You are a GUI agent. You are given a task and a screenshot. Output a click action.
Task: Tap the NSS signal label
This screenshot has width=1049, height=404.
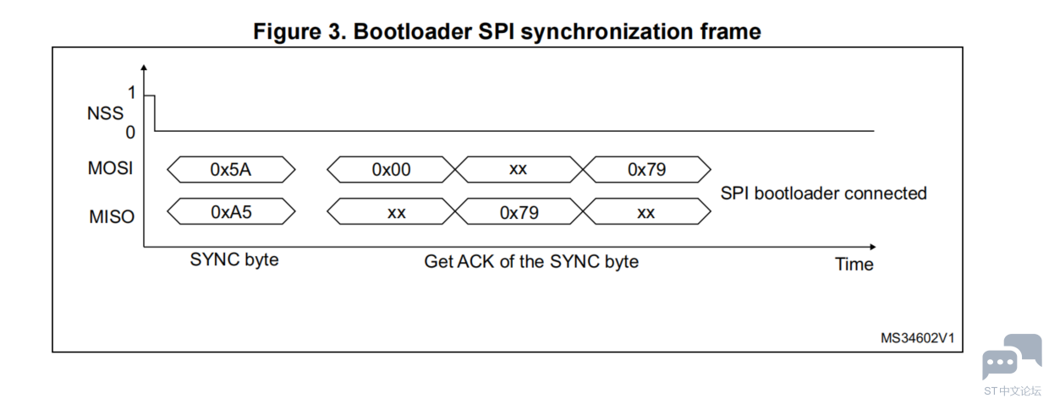(x=105, y=113)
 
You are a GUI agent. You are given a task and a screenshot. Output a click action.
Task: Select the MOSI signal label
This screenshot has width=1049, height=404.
(x=111, y=168)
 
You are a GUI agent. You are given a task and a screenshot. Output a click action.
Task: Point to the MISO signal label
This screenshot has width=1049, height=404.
(x=112, y=216)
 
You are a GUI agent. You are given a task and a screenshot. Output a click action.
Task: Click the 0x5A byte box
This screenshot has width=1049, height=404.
(x=231, y=169)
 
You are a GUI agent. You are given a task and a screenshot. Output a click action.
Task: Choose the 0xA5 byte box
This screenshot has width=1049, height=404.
(x=231, y=212)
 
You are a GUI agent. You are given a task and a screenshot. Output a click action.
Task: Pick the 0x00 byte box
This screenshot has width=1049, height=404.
(x=391, y=169)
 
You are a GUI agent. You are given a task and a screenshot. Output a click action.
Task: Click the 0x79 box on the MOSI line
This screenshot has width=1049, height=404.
(x=646, y=169)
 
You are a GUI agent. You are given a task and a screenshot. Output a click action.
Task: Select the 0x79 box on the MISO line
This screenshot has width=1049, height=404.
(x=519, y=212)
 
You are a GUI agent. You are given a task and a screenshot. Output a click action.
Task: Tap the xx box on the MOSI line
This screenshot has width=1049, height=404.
(x=519, y=169)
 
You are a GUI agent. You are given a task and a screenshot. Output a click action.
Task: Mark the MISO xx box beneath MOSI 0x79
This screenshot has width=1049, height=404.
(x=646, y=212)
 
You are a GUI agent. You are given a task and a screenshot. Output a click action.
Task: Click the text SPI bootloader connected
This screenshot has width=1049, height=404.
(x=823, y=194)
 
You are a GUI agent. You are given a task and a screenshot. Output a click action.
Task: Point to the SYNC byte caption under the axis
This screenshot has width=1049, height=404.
(x=234, y=259)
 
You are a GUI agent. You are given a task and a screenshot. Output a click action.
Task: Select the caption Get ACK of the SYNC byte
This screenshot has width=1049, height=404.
(x=531, y=262)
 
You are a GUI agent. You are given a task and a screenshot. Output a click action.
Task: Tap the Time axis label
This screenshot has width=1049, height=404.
(x=854, y=265)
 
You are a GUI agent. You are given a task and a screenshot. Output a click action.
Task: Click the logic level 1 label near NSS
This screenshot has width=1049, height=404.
(x=131, y=94)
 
